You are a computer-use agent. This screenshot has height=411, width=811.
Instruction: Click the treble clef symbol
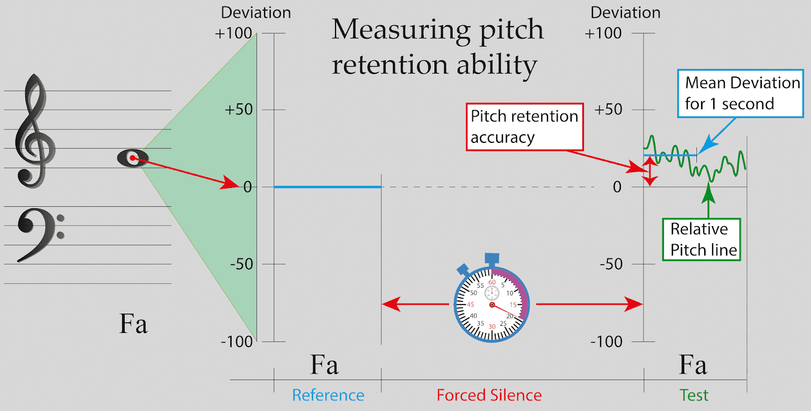[x=34, y=132]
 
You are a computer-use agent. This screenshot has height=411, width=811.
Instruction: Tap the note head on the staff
[x=132, y=158]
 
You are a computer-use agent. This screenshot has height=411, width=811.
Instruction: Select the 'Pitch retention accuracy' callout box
[x=524, y=127]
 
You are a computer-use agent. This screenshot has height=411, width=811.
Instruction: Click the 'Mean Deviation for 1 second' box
[x=740, y=94]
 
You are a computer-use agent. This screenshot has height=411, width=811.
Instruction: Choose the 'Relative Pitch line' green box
[x=702, y=240]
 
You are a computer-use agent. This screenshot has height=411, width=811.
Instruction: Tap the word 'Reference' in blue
[x=328, y=395]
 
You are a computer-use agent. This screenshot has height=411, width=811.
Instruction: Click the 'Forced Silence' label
[x=489, y=395]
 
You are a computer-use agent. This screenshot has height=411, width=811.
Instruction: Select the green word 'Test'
[x=694, y=395]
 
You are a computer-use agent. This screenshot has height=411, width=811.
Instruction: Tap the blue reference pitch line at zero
[x=327, y=187]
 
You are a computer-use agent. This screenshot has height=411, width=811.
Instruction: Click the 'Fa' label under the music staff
[x=133, y=324]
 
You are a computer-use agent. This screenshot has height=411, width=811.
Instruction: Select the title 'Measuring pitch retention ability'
[x=437, y=47]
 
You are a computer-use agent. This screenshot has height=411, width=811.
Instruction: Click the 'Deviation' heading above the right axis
[x=625, y=13]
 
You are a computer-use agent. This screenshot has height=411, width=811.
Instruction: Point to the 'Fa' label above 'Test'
[x=692, y=365]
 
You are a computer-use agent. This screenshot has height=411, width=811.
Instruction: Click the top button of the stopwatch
[x=492, y=259]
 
